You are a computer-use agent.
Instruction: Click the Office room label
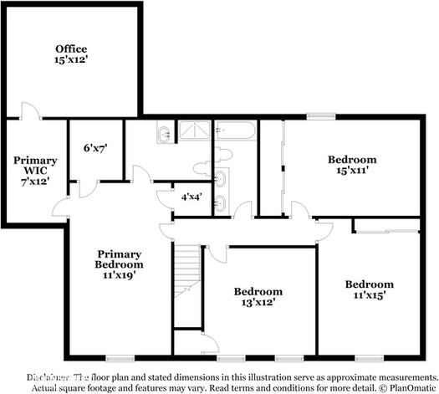tap(71, 49)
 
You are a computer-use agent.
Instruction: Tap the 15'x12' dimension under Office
tap(71, 60)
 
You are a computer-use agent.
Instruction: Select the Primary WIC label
tap(35, 166)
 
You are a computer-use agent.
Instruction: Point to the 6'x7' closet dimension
tap(95, 148)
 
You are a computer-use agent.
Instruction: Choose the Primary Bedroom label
tap(118, 258)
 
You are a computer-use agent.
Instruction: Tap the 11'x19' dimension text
tap(118, 273)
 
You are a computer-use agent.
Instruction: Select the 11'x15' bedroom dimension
tap(369, 295)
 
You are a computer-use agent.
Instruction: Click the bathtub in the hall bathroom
tap(235, 131)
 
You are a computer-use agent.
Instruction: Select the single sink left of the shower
tap(163, 133)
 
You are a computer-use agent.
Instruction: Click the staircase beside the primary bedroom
tap(187, 284)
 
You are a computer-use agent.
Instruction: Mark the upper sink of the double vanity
tap(221, 178)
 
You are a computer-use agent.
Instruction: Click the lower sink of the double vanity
tap(221, 201)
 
